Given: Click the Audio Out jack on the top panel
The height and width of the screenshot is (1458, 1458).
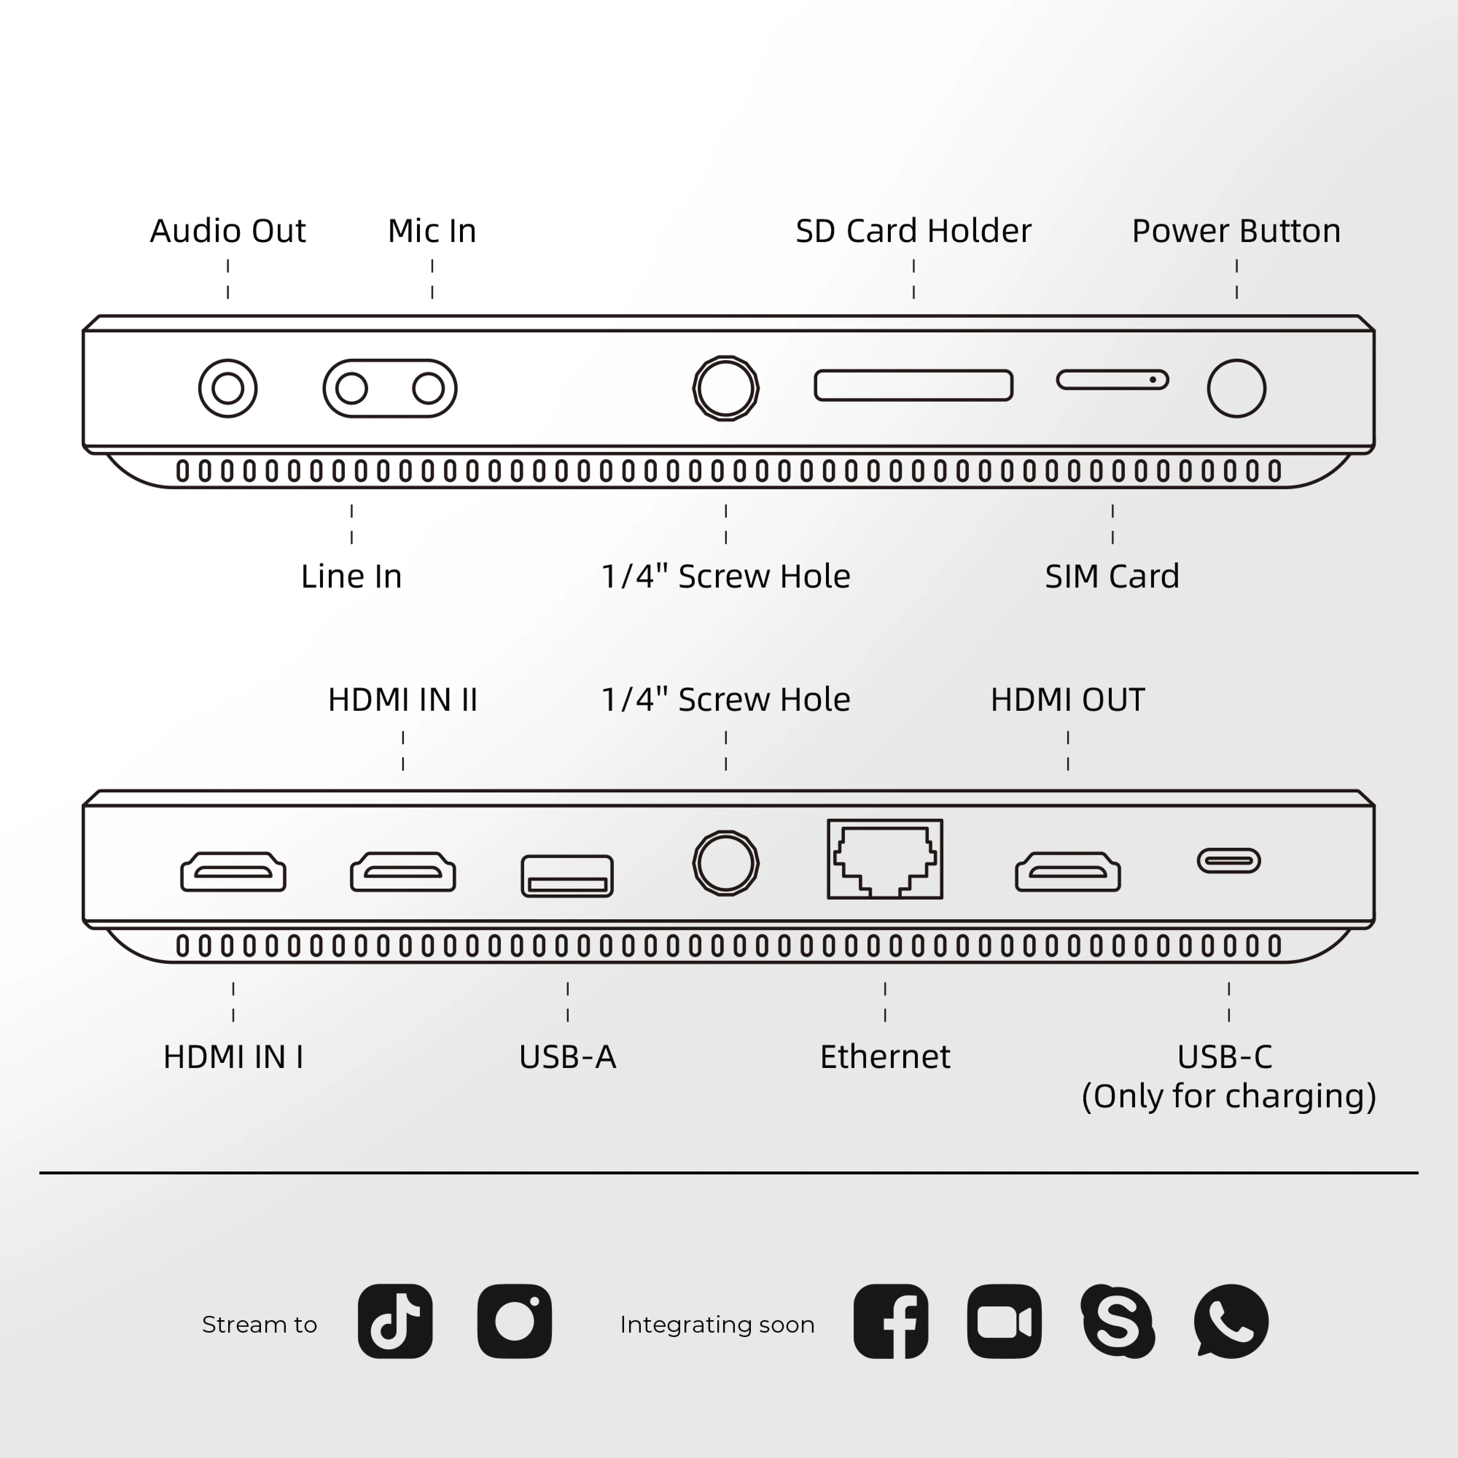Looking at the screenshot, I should [227, 389].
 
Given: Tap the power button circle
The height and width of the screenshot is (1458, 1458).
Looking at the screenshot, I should [1236, 389].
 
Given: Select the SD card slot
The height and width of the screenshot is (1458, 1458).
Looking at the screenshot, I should [913, 385].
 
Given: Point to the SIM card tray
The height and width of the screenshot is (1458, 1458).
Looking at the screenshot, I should [1112, 379].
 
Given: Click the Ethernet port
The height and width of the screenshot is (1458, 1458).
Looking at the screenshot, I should [885, 859].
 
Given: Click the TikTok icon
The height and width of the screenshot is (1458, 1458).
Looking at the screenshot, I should [395, 1321].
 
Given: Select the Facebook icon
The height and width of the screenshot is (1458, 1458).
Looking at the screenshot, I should [890, 1321].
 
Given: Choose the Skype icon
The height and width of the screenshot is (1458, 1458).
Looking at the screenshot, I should [1117, 1321].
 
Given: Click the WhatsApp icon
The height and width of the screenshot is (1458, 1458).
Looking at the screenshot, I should [1231, 1321].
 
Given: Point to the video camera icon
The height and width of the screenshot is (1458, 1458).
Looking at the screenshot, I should [1004, 1321].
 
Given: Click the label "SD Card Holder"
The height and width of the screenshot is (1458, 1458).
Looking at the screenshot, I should [913, 231].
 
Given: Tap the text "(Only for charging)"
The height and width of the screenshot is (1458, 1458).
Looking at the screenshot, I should [1229, 1096].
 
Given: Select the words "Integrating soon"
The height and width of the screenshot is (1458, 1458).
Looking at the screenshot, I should [717, 1325].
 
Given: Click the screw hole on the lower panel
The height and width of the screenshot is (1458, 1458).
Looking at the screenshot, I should [725, 862].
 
